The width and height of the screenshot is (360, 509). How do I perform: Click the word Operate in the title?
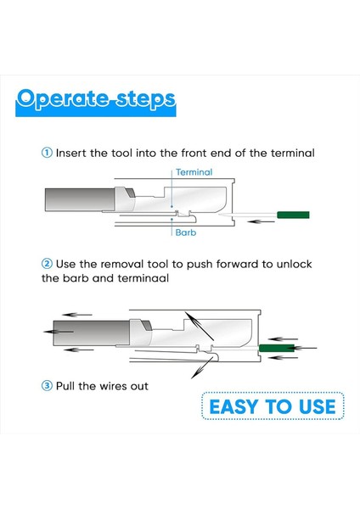click(62, 99)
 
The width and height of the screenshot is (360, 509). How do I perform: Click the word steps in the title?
click(145, 99)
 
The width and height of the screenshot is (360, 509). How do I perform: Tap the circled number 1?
click(47, 153)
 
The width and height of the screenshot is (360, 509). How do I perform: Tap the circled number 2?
click(47, 264)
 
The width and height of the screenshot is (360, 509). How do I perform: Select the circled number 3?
click(47, 386)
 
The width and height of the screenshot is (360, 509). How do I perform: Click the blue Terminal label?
click(194, 172)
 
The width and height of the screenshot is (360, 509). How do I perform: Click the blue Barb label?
click(186, 232)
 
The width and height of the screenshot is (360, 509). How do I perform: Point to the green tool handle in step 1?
click(293, 215)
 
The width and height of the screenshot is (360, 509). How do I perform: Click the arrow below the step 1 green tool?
click(261, 221)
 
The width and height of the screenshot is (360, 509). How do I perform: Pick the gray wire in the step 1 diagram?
click(80, 199)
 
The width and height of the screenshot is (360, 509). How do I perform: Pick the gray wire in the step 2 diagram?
click(92, 333)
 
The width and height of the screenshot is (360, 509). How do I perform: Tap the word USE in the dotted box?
click(317, 406)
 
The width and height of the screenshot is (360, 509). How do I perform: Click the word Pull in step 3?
click(66, 386)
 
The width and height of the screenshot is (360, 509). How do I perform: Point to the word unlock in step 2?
click(294, 264)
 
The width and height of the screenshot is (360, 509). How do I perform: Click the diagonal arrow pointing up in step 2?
click(200, 326)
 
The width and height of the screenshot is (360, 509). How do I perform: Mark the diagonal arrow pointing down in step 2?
click(202, 366)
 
